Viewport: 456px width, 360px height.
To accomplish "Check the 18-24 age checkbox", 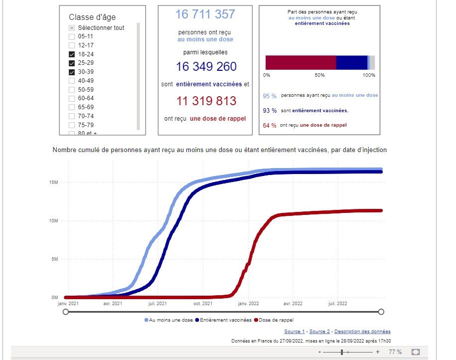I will [72, 54].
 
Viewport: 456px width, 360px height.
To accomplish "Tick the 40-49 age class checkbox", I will [72, 81].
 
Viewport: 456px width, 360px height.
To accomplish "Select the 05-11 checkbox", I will [72, 36].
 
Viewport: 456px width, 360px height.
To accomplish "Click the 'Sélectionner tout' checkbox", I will [72, 28].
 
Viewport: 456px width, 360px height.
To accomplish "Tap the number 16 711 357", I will [205, 14].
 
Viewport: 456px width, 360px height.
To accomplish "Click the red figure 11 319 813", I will [206, 101].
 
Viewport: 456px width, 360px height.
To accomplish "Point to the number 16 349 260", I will [206, 67].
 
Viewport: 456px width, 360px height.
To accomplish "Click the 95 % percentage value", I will [270, 96].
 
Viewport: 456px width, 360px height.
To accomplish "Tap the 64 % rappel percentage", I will [270, 126].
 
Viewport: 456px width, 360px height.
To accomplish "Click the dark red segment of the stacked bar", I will [301, 62].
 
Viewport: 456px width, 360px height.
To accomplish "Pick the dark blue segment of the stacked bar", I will [351, 62].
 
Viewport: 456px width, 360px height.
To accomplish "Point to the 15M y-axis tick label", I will [54, 182].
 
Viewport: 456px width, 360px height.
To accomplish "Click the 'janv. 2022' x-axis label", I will [248, 303].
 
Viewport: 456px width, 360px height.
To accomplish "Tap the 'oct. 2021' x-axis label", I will [203, 303].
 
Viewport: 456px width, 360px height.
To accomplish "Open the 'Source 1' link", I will [295, 332].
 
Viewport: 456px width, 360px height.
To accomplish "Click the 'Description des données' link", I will [362, 332].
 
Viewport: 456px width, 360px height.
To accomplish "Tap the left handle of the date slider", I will [65, 312].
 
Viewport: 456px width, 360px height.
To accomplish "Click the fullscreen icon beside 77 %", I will [416, 352].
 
